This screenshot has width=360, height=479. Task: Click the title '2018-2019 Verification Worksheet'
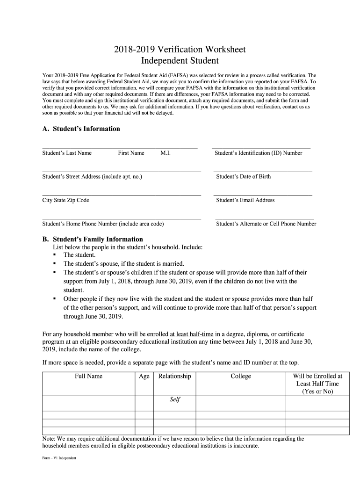click(180, 50)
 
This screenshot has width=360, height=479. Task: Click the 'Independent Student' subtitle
click(180, 61)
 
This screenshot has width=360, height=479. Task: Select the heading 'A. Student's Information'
click(81, 129)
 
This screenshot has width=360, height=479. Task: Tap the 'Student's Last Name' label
click(67, 153)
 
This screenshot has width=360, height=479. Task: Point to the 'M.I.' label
click(165, 153)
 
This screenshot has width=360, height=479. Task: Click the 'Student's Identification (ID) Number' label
click(258, 153)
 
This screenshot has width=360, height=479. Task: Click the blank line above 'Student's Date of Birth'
click(263, 171)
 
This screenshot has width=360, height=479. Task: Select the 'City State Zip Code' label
click(65, 200)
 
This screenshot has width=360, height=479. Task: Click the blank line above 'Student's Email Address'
click(263, 195)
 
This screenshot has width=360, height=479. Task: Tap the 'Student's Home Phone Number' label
click(103, 224)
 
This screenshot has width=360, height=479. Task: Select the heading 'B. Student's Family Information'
click(93, 239)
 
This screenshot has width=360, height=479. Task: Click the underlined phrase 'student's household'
click(152, 247)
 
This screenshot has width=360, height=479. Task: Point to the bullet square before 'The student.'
click(55, 254)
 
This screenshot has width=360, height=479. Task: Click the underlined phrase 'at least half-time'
click(192, 334)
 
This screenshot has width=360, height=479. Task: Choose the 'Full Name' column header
click(88, 376)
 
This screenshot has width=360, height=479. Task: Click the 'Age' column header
click(144, 376)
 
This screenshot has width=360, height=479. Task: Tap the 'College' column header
click(241, 376)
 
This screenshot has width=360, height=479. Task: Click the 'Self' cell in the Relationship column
click(174, 399)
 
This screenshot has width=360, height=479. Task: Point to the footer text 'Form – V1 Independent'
click(59, 458)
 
